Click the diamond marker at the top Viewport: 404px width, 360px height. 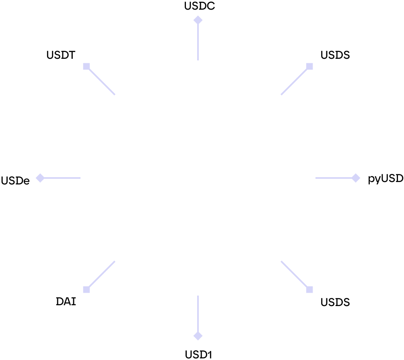coord(198,20)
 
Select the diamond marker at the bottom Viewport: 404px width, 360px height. coord(198,336)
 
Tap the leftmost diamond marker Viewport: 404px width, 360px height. coord(40,178)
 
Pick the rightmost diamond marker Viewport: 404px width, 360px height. coord(356,178)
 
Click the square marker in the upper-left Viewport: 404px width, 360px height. coord(87,66)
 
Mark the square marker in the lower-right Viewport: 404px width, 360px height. coord(309,290)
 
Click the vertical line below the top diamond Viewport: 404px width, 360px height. coord(198,42)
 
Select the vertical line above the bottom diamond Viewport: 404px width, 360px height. coord(198,314)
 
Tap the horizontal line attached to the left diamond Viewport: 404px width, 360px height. coord(62,178)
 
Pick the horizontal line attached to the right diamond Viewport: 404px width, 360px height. coord(334,178)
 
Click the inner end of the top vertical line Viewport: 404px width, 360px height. coord(198,60)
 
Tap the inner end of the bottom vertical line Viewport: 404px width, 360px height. coord(198,296)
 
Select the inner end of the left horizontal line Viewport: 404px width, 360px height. coord(80,178)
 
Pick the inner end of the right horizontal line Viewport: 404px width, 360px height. coord(316,178)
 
